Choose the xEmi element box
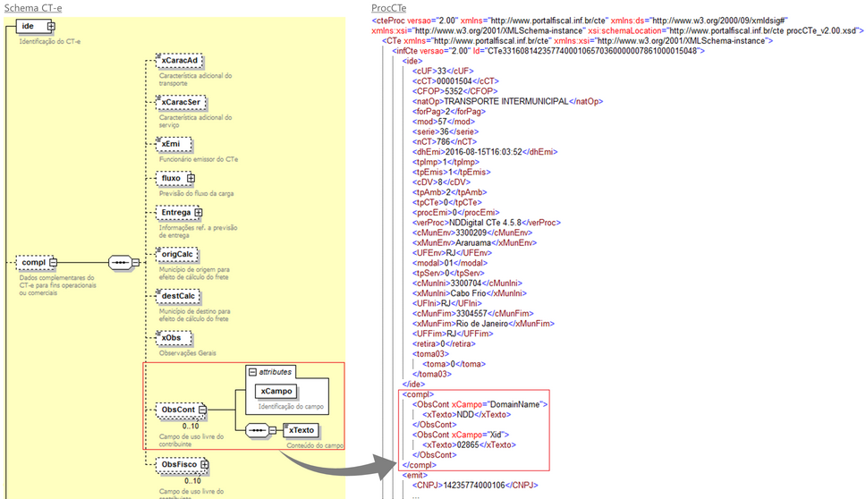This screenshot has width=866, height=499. click(171, 143)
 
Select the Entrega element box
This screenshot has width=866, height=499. click(178, 213)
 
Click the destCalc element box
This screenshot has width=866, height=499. click(176, 296)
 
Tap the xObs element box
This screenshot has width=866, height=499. click(171, 338)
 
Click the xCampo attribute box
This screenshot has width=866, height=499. click(276, 391)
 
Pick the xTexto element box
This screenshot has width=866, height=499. click(301, 431)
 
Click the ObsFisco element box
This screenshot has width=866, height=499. click(181, 465)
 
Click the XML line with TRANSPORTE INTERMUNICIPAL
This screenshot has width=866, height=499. click(507, 101)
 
